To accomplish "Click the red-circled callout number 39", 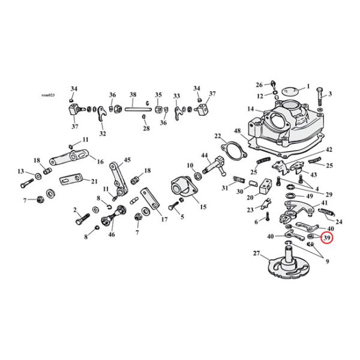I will tap(327, 238).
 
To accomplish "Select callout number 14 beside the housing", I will tap(250, 109).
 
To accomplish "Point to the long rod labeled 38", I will tap(133, 107).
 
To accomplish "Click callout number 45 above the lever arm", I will tap(127, 161).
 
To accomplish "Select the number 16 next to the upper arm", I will tap(100, 162).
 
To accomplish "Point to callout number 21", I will tap(94, 181).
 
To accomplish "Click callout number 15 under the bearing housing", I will tap(203, 207).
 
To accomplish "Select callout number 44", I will tap(205, 155).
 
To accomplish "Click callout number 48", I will tap(237, 131).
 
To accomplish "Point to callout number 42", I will tap(329, 149).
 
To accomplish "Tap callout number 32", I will tap(103, 133).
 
